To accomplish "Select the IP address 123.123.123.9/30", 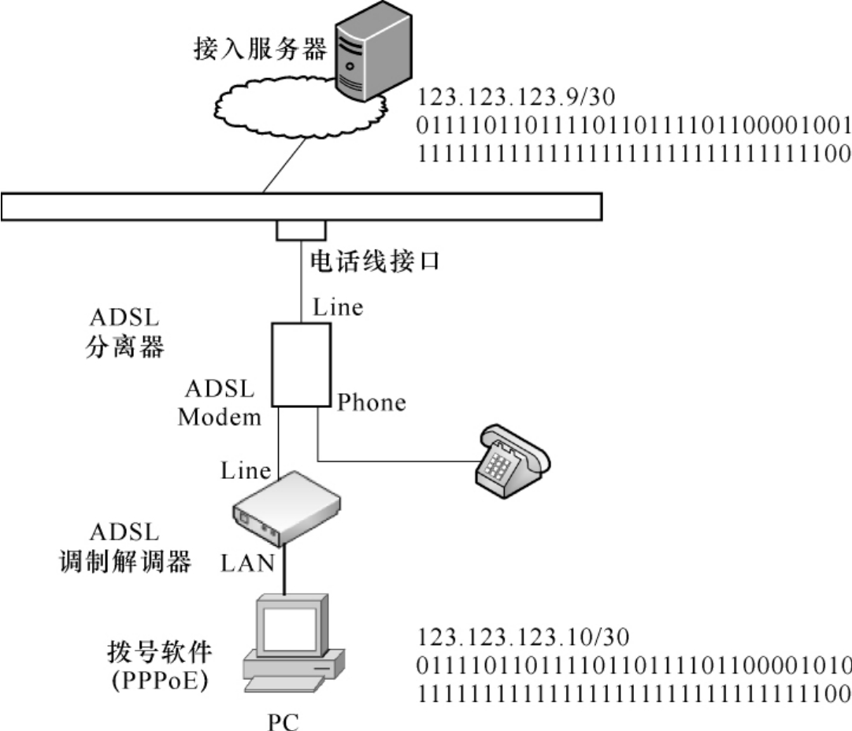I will pyautogui.click(x=516, y=98).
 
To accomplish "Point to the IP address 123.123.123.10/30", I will pyautogui.click(x=524, y=636).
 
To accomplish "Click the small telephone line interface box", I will pyautogui.click(x=301, y=229).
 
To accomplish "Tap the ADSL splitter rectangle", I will pyautogui.click(x=301, y=364).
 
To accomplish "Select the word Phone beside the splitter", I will pyautogui.click(x=372, y=403).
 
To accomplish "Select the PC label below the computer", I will pyautogui.click(x=283, y=721).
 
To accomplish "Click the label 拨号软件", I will pyautogui.click(x=160, y=652).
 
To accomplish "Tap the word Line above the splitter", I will pyautogui.click(x=338, y=306).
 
